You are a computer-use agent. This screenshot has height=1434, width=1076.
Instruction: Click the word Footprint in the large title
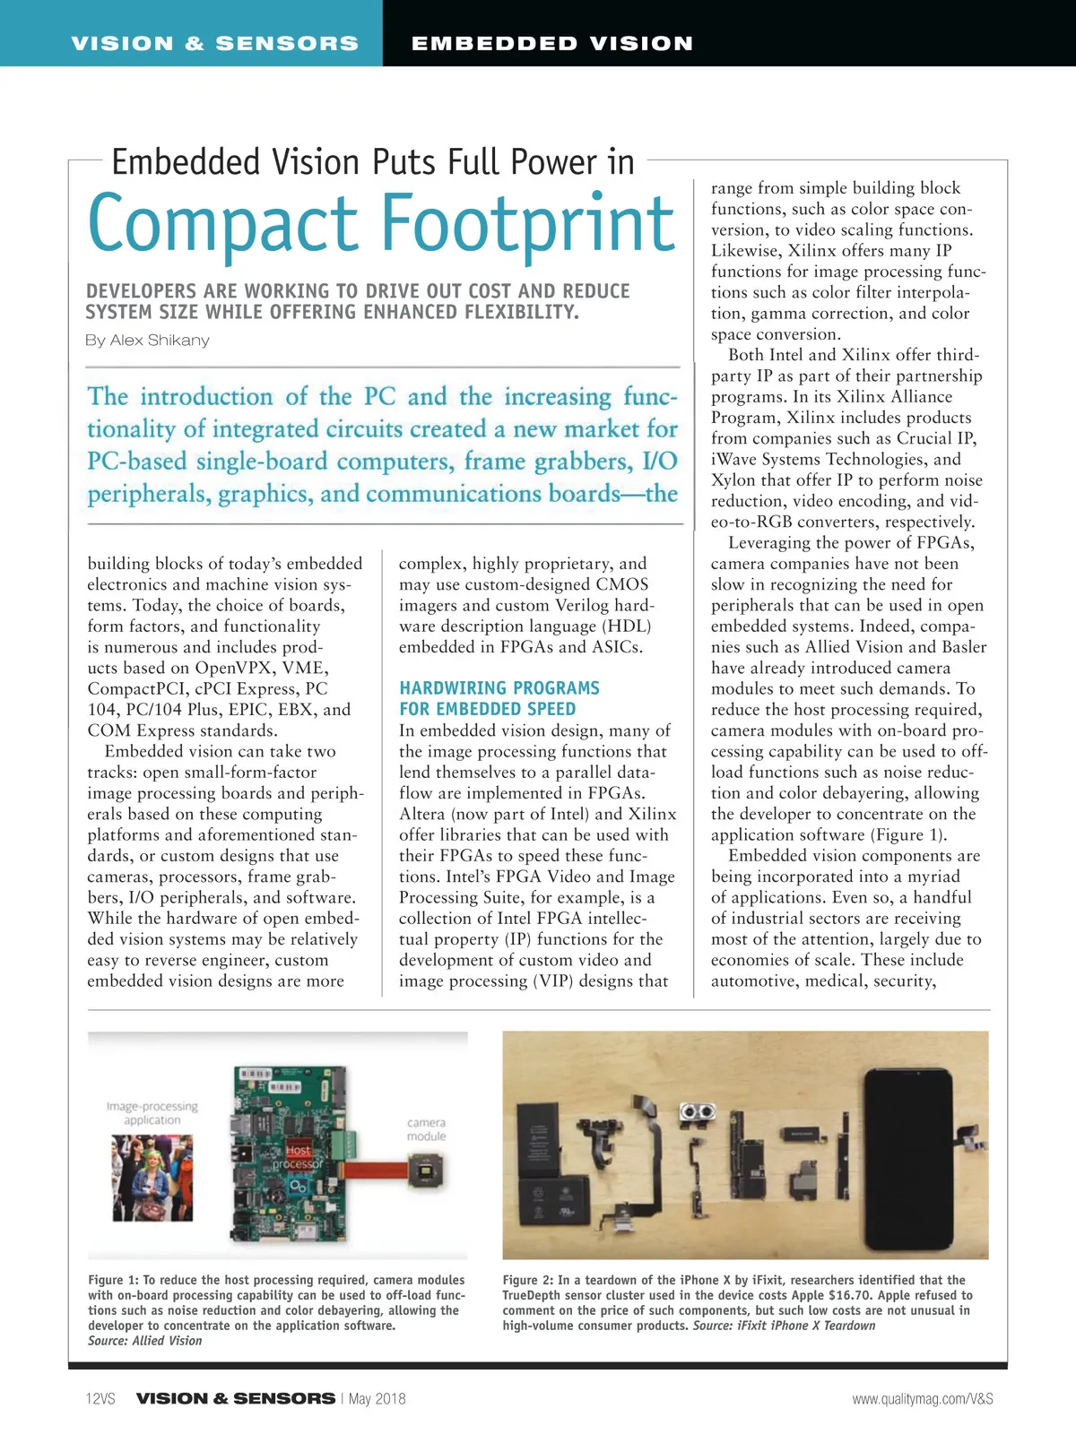point(528,224)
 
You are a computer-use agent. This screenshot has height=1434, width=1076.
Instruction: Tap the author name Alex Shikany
point(160,341)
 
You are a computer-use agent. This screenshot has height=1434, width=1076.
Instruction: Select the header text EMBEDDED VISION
point(551,43)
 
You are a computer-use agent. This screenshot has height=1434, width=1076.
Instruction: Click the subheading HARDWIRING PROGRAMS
point(499,688)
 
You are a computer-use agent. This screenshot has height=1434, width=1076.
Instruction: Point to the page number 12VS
point(100,1398)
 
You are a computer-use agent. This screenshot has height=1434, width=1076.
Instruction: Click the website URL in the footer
point(922,1398)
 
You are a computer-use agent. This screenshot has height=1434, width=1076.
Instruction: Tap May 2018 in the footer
point(377,1398)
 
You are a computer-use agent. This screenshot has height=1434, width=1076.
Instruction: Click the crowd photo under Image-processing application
point(152,1177)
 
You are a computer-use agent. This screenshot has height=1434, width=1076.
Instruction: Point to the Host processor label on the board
point(298,1157)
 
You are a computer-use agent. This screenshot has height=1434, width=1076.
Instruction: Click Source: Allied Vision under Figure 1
point(145,1341)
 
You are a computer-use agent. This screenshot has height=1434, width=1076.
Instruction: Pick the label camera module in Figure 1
point(426,1129)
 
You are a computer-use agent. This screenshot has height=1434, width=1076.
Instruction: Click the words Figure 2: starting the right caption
point(527,1280)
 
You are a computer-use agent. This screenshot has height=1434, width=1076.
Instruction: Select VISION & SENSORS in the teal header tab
point(214,43)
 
